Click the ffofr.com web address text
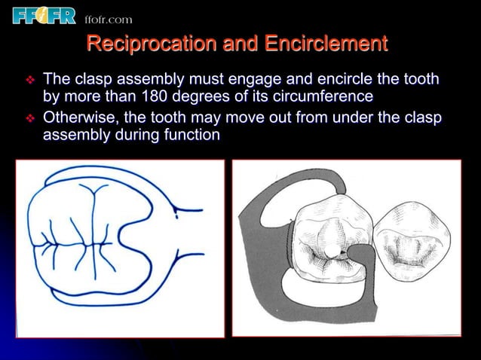coord(108,18)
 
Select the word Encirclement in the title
coord(326,44)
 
